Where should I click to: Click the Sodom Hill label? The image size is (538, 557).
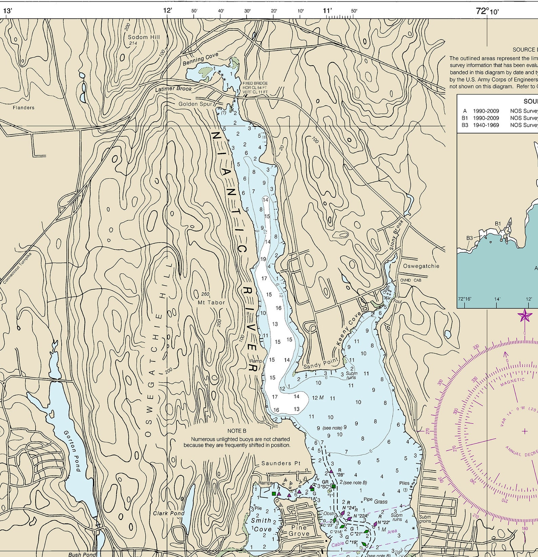tap(144, 37)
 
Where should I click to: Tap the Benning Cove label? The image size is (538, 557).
tap(201, 59)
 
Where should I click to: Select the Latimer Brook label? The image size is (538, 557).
tap(173, 89)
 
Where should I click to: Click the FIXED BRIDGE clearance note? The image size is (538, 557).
tap(255, 87)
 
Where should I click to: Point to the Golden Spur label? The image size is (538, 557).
tap(195, 104)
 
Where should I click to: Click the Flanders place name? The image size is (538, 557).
tap(23, 108)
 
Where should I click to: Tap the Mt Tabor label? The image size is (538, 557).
tap(211, 302)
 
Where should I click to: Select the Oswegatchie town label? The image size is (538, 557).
tap(421, 266)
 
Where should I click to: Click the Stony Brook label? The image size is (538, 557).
tap(397, 235)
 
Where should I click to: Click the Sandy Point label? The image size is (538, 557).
tap(320, 364)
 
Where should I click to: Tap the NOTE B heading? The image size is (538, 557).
tap(236, 431)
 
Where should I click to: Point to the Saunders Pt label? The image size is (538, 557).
tap(281, 463)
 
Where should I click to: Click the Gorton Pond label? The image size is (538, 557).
tap(72, 451)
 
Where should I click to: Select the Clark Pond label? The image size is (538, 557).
tap(169, 513)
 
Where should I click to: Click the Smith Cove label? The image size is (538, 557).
tap(261, 525)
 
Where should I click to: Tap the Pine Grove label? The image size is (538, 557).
tap(298, 531)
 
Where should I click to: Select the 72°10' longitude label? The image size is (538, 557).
tap(487, 11)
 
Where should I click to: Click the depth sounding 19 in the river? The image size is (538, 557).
tap(263, 259)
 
